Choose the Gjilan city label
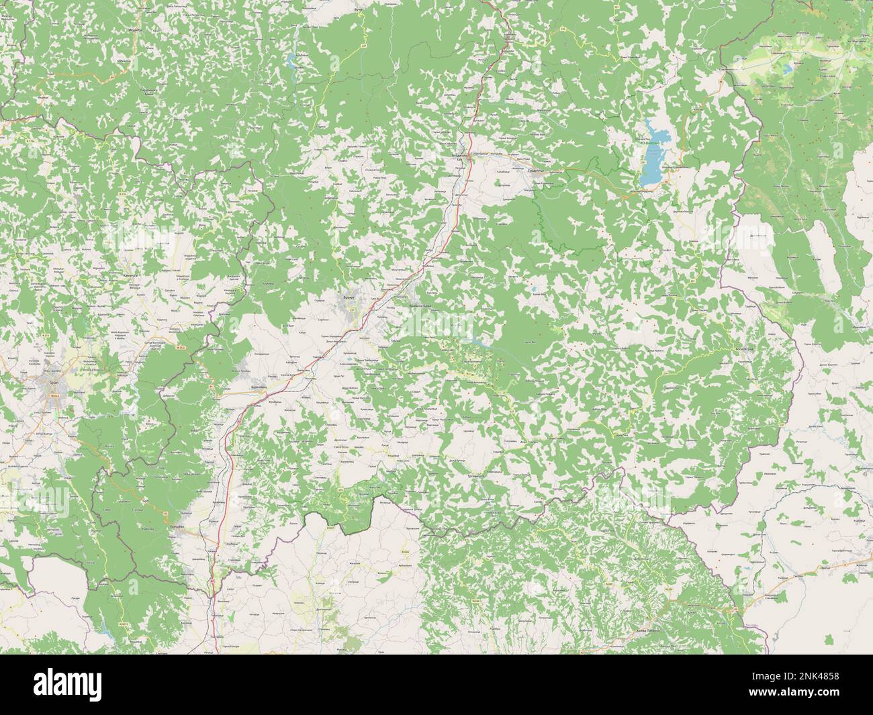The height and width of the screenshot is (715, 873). (x=54, y=383)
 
